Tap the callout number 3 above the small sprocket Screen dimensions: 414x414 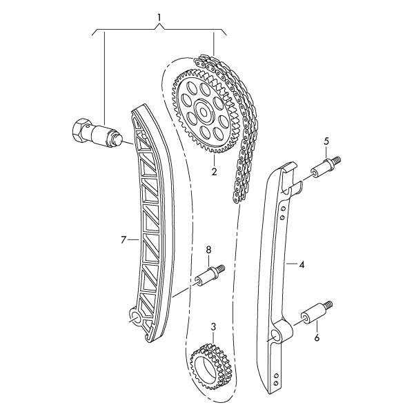tap(214, 326)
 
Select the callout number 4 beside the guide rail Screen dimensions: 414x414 tap(302, 264)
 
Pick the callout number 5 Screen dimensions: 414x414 tap(326, 142)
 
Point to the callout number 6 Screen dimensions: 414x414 tap(317, 338)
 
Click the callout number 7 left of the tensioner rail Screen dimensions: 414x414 tap(124, 239)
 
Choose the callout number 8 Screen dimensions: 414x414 tap(208, 248)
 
